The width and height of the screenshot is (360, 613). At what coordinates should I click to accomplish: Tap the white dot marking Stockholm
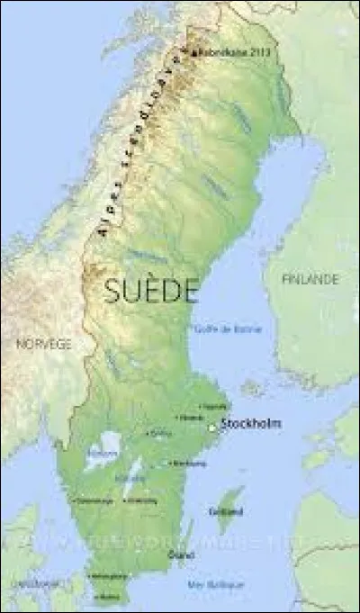pos(213,428)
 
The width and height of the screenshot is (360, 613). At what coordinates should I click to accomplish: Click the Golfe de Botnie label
pos(229,329)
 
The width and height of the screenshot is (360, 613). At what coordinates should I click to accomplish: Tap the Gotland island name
pos(231,511)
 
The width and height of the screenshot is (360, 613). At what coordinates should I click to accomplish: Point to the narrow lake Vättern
pos(135,471)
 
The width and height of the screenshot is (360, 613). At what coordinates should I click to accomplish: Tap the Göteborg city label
pos(94,500)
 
